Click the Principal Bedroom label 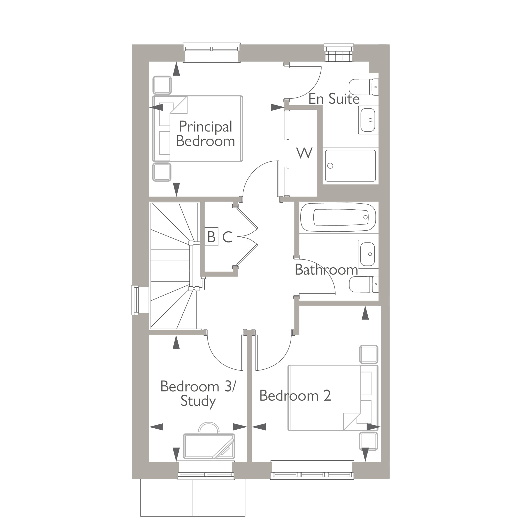click(x=205, y=134)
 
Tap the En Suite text click(x=334, y=99)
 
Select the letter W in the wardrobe click(x=304, y=153)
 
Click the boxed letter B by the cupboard click(x=211, y=237)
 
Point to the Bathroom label click(x=326, y=270)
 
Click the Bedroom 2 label click(x=295, y=396)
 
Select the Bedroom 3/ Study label click(x=198, y=394)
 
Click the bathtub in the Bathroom click(x=338, y=217)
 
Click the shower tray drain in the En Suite click(x=330, y=166)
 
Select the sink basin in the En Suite click(x=368, y=120)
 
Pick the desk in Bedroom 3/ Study click(x=209, y=446)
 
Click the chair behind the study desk click(x=209, y=428)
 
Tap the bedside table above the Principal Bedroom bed click(x=162, y=85)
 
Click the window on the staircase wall click(x=135, y=300)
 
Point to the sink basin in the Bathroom click(x=368, y=254)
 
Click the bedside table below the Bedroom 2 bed click(x=369, y=441)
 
